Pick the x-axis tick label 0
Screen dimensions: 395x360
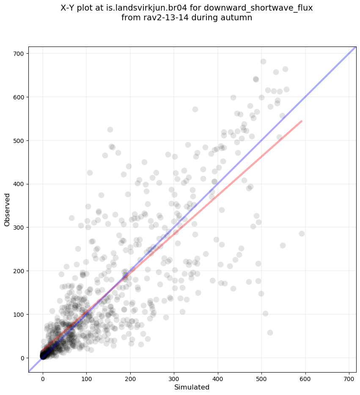[x=43, y=377]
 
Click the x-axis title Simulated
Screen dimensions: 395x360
[x=192, y=387]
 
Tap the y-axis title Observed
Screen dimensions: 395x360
[x=7, y=209]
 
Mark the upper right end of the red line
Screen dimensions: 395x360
[x=301, y=121]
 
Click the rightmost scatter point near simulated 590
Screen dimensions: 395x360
[x=302, y=233]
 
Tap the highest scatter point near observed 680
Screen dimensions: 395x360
[x=263, y=61]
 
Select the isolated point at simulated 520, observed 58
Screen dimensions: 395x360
[x=270, y=332]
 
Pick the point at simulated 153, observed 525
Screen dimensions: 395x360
[x=110, y=129]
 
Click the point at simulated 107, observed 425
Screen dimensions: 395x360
[x=90, y=173]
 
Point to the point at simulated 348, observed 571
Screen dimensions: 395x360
[x=195, y=109]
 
